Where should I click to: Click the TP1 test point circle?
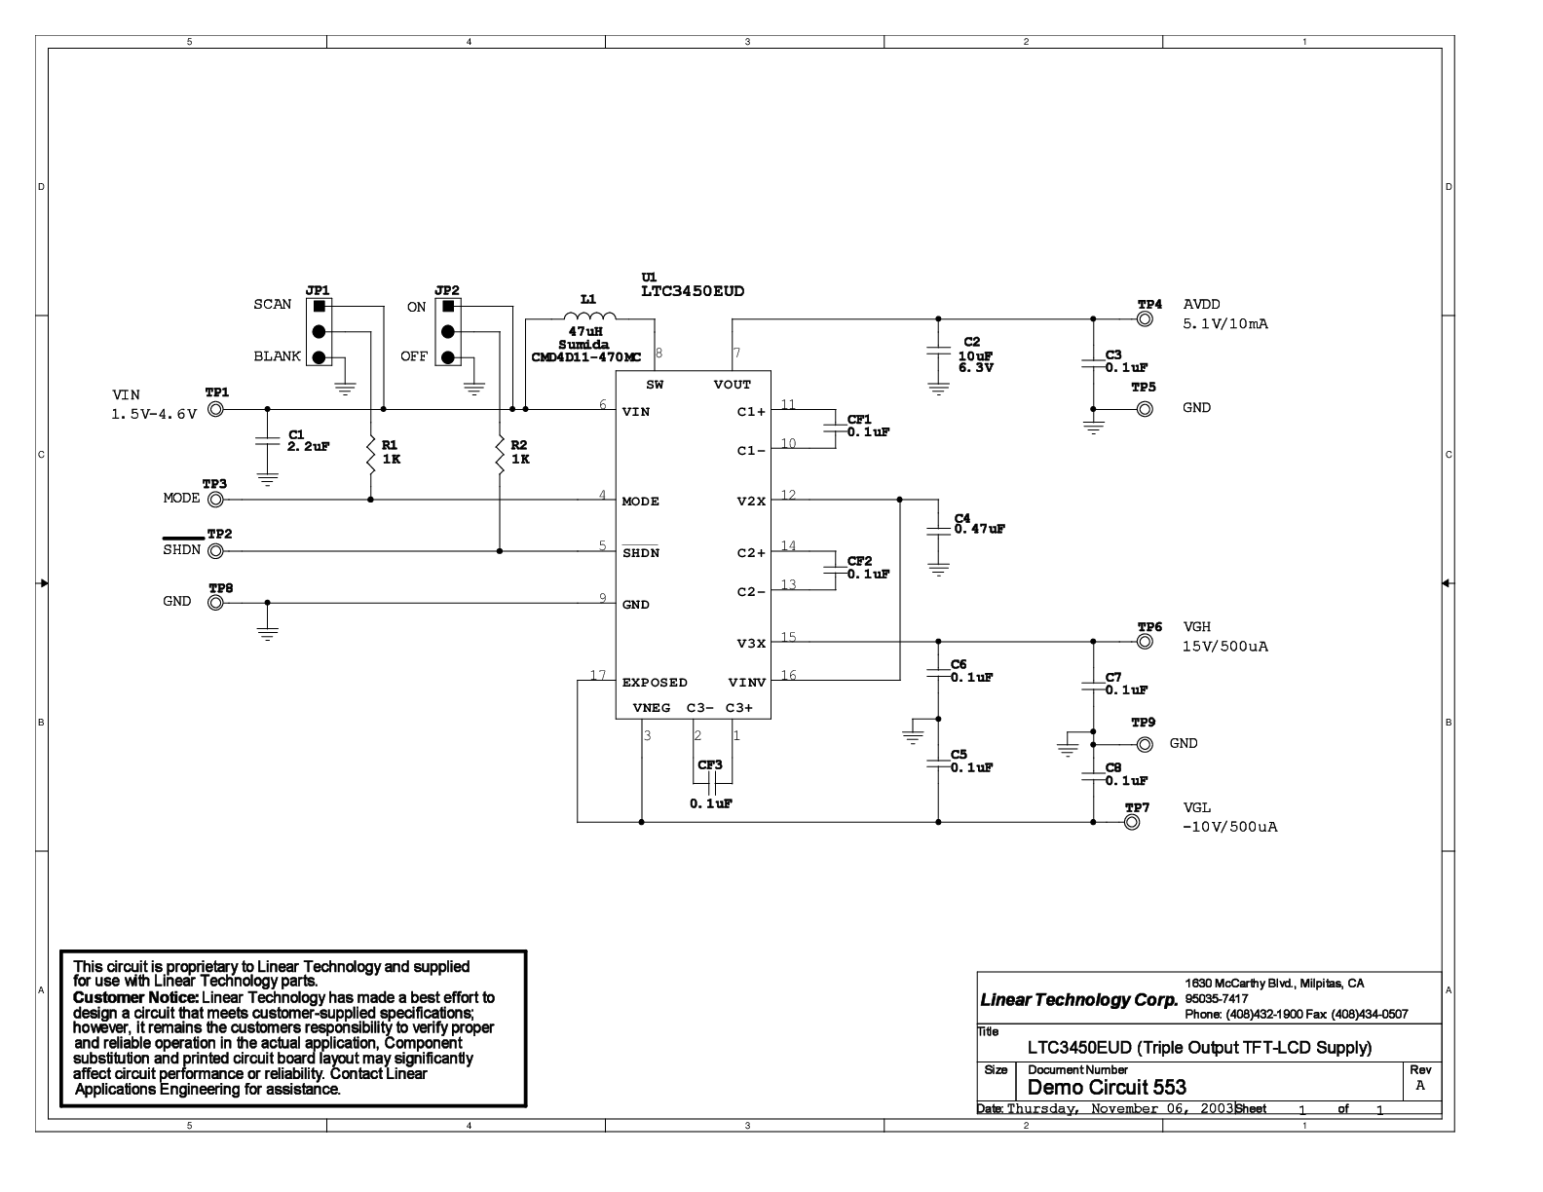[216, 409]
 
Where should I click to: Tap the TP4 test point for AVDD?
[1145, 318]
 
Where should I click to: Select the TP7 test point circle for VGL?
[1132, 822]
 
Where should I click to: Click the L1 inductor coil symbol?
[589, 316]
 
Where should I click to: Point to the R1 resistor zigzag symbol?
[371, 455]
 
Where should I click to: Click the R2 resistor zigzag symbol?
[500, 455]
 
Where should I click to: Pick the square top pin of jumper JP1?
[319, 306]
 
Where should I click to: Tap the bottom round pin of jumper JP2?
[448, 357]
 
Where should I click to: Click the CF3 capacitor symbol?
[713, 783]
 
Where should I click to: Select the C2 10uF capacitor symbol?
[939, 351]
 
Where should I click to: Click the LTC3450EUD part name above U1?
[693, 291]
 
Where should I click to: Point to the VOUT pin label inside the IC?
[733, 385]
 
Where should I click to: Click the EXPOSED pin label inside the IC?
[655, 683]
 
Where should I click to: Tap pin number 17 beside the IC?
[598, 675]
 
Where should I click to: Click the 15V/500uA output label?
[1224, 646]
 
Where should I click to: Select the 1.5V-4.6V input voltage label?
[154, 414]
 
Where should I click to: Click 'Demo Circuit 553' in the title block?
[1107, 1087]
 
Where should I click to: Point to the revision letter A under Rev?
[1420, 1086]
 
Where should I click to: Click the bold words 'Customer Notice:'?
[135, 997]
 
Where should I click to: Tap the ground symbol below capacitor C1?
[268, 479]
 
